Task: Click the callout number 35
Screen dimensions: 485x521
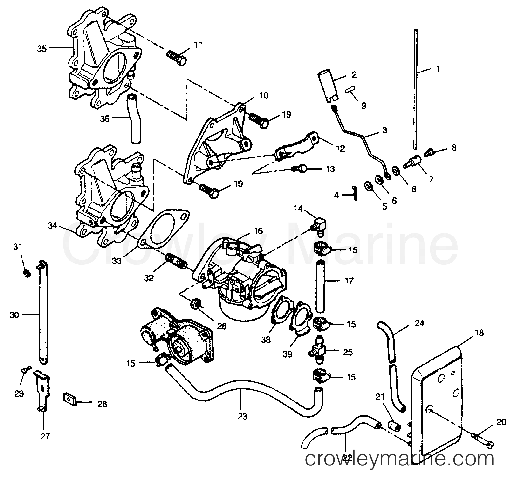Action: (42, 49)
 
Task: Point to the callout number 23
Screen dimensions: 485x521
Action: (242, 416)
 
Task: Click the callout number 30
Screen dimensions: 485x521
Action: (14, 315)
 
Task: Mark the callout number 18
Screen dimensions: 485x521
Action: (479, 333)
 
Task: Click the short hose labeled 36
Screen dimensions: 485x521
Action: (135, 119)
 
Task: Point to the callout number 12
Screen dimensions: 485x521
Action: (340, 149)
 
